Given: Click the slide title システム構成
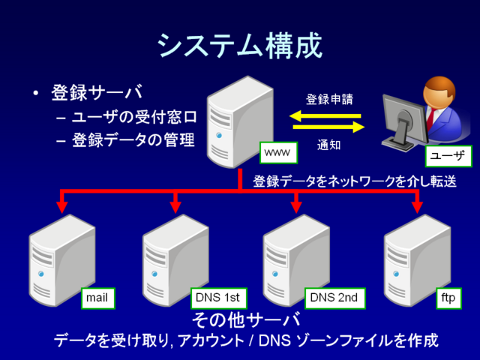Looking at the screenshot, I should tap(240, 46).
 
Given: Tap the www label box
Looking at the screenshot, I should tap(277, 153).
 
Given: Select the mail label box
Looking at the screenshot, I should tap(97, 298).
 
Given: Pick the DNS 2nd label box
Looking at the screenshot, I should tap(333, 298).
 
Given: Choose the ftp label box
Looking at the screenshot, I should tap(448, 298).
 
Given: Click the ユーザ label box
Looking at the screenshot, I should tap(448, 156).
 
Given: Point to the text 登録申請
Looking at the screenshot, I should tap(328, 99).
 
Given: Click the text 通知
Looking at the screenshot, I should tap(329, 145).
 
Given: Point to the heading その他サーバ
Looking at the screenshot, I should tap(247, 320).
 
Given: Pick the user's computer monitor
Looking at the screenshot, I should tap(400, 120).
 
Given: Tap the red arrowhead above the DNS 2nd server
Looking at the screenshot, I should tap(295, 205).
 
